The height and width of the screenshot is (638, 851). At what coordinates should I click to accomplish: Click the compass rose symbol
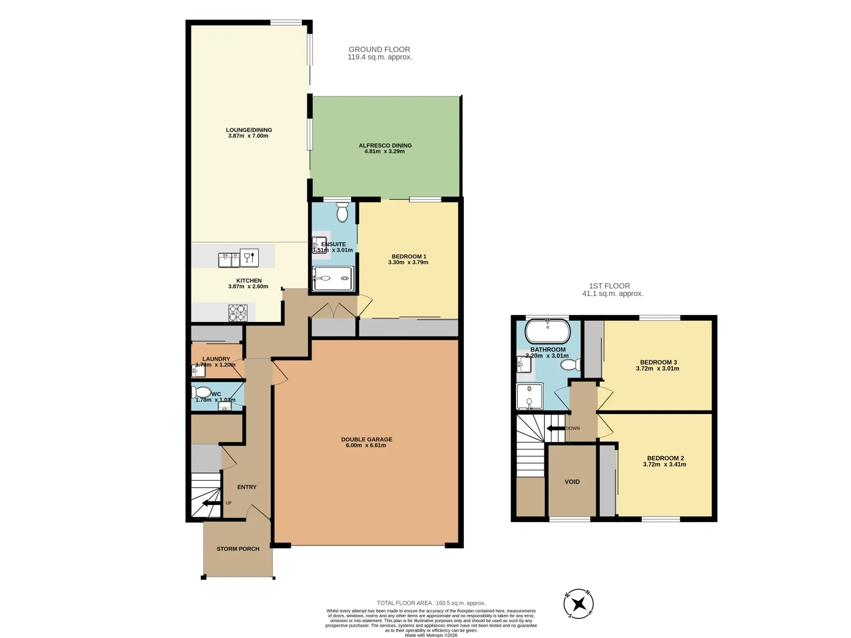[x=579, y=604]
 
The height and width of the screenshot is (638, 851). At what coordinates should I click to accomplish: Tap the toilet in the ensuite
[x=342, y=211]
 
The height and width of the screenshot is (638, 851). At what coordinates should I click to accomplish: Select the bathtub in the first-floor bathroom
[x=548, y=331]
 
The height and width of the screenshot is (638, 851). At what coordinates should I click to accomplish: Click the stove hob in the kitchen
[x=238, y=313]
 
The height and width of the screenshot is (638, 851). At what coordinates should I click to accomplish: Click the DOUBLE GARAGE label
[x=366, y=440]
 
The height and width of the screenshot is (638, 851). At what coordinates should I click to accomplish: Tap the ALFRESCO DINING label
[x=385, y=145]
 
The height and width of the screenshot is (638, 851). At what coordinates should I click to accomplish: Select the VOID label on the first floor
[x=572, y=481]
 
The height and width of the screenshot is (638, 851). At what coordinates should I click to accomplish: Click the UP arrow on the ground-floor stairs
[x=209, y=503]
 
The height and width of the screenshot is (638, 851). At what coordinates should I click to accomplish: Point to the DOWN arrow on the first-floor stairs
[x=555, y=428]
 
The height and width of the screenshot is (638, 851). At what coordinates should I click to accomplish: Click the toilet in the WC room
[x=202, y=392]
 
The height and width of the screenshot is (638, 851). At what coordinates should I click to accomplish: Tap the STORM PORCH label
[x=238, y=549]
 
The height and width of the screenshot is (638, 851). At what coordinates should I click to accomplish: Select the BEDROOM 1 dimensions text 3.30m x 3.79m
[x=408, y=262]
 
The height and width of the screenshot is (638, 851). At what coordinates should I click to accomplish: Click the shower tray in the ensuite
[x=333, y=279]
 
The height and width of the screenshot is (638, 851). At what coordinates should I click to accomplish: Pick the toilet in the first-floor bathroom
[x=570, y=365]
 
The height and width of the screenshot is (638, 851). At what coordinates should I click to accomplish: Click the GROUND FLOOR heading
[x=379, y=50]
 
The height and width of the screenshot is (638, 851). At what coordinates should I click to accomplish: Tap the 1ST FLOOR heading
[x=606, y=286]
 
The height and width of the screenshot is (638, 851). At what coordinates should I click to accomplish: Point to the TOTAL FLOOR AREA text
[x=431, y=603]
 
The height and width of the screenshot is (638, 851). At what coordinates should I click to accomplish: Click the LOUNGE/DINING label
[x=249, y=130]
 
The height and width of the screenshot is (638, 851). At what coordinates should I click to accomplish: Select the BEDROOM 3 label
[x=658, y=362]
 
